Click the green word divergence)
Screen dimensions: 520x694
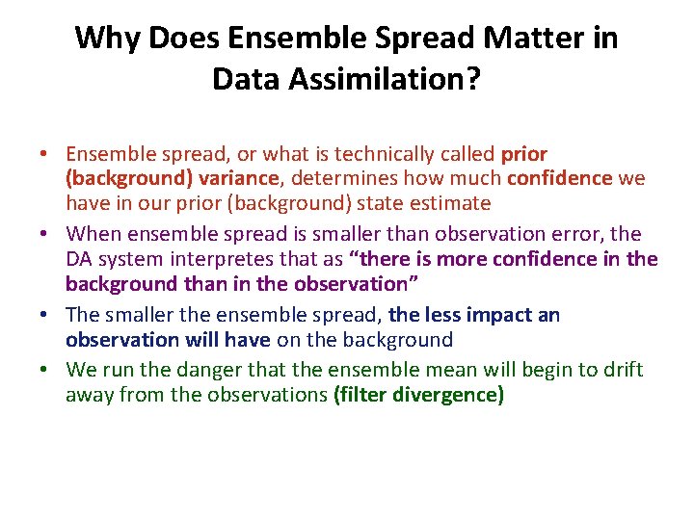tap(449, 395)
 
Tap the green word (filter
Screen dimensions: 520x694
tap(362, 395)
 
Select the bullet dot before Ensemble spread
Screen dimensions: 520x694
tap(45, 154)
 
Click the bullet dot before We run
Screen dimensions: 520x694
tap(45, 371)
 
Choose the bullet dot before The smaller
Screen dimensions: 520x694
tap(45, 316)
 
